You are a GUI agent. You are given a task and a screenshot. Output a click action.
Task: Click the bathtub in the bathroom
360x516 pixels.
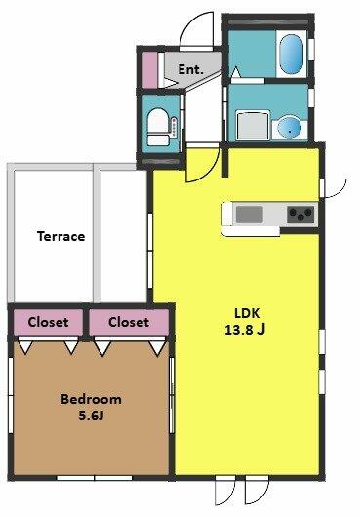(291, 54)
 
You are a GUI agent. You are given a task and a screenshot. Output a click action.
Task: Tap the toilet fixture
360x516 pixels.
(158, 127)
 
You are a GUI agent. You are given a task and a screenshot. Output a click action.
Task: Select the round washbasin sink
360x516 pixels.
(289, 127)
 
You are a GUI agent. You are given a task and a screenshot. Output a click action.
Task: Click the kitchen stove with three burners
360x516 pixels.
(300, 215)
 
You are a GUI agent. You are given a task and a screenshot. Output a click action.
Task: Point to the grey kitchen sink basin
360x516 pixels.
(250, 215)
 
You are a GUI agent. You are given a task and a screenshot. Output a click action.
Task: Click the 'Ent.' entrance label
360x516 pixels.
(190, 69)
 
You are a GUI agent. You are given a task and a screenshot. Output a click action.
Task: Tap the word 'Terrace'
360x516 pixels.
(60, 236)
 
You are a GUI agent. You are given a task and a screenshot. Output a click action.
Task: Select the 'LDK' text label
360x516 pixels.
(247, 313)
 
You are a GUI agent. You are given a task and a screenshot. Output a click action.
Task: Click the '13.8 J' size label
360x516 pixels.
(245, 329)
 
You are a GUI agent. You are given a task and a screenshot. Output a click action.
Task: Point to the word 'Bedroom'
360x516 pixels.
(91, 399)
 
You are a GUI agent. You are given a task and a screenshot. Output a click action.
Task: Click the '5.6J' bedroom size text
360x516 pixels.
(91, 416)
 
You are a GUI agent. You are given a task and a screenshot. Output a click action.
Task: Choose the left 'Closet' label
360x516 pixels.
(48, 322)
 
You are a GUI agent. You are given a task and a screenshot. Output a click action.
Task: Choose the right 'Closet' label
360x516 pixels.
(129, 322)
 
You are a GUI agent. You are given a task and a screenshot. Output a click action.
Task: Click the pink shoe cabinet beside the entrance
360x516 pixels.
(149, 70)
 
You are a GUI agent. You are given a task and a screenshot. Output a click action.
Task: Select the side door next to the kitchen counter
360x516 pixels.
(334, 188)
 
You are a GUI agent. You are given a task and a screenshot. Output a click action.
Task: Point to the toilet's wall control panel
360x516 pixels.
(174, 127)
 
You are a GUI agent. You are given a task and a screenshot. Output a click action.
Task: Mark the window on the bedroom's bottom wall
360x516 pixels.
(95, 478)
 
